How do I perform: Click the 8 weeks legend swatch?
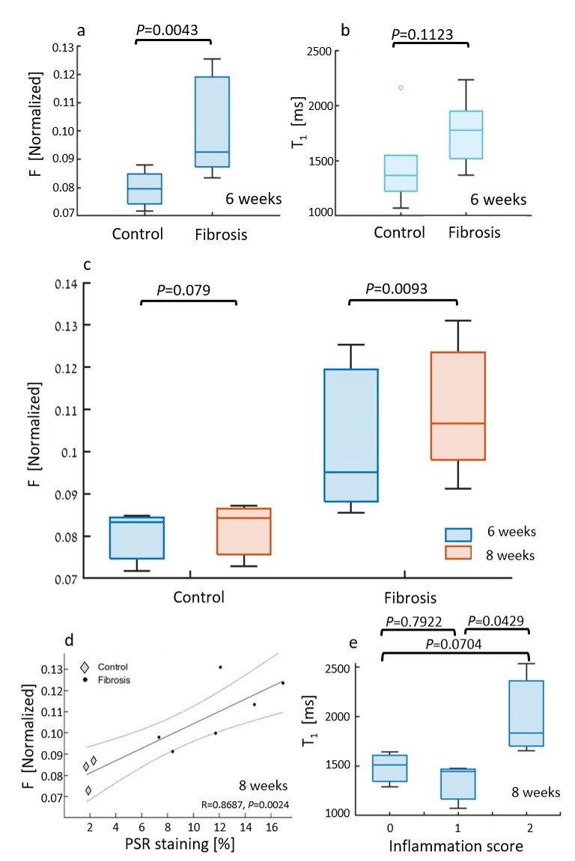coord(457,553)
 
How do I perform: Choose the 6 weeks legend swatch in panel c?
coord(457,533)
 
